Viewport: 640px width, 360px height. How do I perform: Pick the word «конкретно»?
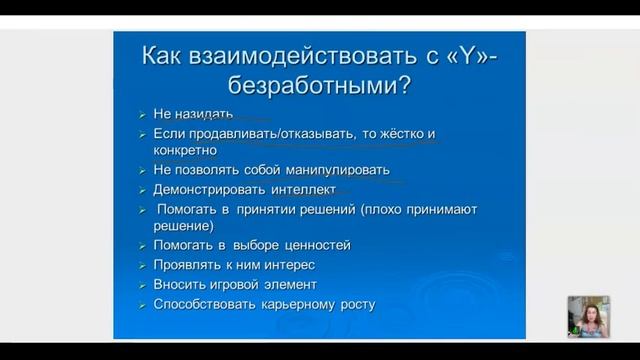tap(186, 150)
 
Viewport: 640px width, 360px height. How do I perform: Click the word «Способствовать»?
tap(203, 303)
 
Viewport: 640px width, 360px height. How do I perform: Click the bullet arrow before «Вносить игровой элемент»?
tap(141, 284)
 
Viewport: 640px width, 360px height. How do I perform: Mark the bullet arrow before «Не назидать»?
tap(141, 114)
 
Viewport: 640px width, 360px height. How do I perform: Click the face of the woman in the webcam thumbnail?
tap(585, 313)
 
